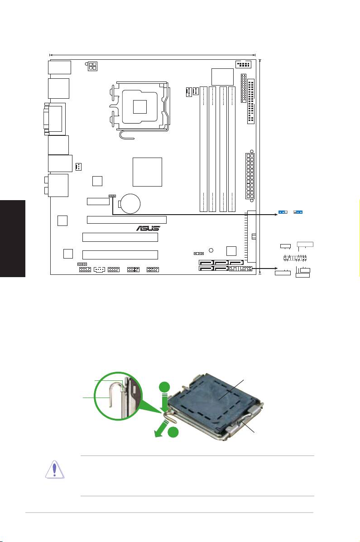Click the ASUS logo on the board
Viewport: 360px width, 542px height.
point(149,228)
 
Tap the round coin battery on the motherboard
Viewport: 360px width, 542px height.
point(133,203)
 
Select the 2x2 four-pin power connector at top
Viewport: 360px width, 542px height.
point(92,67)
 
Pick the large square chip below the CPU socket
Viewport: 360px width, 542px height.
point(148,172)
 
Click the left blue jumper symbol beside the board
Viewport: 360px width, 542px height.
point(283,212)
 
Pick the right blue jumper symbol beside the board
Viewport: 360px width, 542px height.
point(298,212)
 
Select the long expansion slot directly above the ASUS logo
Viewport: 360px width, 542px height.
point(126,220)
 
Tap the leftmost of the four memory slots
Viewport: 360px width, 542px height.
point(204,149)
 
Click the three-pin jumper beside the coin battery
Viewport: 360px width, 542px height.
point(112,197)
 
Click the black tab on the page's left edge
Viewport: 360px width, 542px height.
point(12,240)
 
